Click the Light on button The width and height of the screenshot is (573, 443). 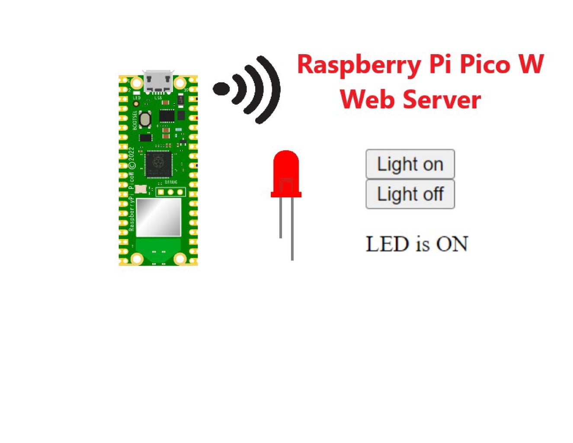point(410,164)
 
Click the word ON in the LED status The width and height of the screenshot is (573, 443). point(452,244)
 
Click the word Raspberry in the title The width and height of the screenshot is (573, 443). point(359,65)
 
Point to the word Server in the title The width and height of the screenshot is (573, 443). point(442,100)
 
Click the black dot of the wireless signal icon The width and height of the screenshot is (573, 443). point(221,89)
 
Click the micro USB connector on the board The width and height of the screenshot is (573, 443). point(158,82)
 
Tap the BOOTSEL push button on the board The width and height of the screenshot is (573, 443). point(145,119)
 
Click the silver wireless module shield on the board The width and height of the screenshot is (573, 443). point(158,217)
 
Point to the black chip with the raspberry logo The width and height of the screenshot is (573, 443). point(158,164)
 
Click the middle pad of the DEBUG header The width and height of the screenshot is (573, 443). point(170,192)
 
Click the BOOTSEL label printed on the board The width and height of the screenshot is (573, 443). point(135,120)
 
